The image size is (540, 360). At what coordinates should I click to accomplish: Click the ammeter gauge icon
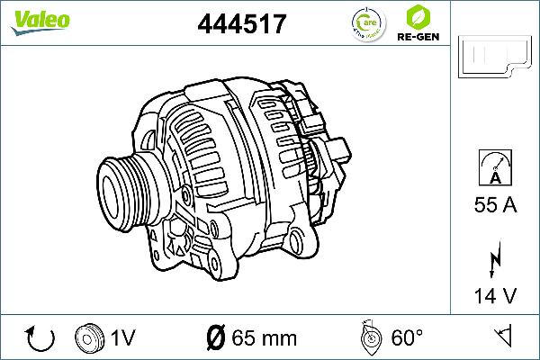pos(495,168)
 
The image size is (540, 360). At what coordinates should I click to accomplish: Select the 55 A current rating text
pos(495,206)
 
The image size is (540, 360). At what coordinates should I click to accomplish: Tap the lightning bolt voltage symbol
pos(495,259)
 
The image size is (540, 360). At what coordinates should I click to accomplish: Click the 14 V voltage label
pos(495,294)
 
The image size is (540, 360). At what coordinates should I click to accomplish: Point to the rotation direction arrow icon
pos(41,338)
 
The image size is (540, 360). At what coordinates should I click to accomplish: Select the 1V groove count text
pos(123,338)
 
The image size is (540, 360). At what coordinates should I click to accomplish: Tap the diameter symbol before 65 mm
pos(215,338)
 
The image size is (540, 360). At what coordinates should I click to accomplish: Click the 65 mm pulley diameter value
pos(264,338)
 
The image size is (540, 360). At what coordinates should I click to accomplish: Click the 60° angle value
pos(408,338)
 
